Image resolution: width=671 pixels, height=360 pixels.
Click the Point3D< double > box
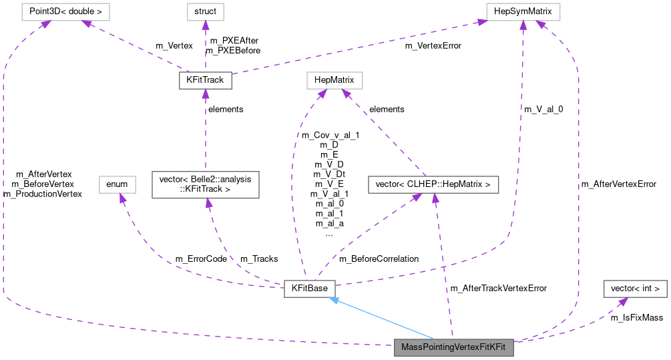coord(65,11)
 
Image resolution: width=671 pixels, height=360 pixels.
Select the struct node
coord(205,11)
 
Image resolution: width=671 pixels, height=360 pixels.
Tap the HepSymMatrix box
coord(523,11)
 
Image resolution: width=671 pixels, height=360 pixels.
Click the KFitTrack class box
coord(205,81)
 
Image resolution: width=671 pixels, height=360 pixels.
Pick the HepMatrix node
coord(334,81)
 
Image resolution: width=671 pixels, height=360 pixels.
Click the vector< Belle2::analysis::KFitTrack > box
coord(205,184)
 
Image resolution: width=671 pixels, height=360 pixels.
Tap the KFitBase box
coord(308,289)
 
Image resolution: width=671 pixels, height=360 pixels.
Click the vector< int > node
coord(635,289)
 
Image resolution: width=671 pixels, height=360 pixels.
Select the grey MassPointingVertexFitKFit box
coord(454,348)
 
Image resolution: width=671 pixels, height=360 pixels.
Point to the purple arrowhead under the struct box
coord(205,25)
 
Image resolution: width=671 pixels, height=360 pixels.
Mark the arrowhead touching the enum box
coord(121,198)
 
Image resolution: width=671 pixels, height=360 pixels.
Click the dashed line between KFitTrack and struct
coord(205,50)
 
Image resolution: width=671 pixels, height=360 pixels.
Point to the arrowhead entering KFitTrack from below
coord(205,94)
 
